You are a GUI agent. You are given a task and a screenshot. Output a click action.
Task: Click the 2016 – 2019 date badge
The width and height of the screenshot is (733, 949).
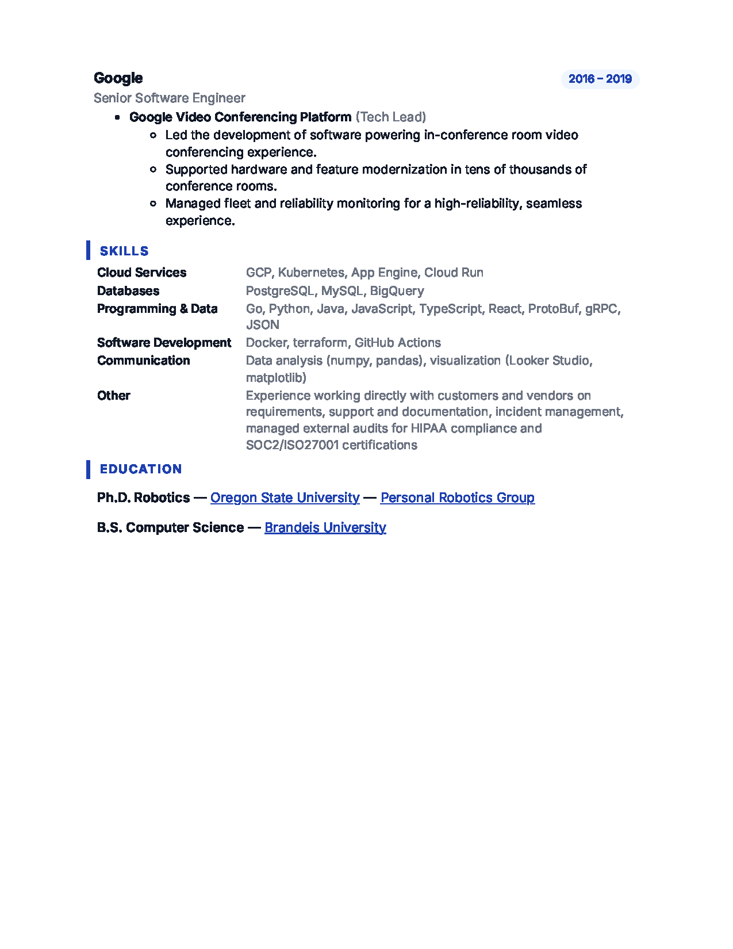click(x=600, y=79)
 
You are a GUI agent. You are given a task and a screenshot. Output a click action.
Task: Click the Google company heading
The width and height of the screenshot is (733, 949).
click(x=118, y=78)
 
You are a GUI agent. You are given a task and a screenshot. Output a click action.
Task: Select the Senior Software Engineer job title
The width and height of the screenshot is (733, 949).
click(x=169, y=98)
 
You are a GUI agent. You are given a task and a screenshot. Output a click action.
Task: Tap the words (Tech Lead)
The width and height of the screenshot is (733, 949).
click(x=390, y=117)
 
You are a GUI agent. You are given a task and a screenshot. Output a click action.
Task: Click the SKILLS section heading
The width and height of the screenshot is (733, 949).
click(x=124, y=251)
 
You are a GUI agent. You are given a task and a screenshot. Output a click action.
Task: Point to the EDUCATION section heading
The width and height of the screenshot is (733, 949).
click(x=141, y=469)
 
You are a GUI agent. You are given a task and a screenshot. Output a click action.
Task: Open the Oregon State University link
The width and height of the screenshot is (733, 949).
click(x=285, y=498)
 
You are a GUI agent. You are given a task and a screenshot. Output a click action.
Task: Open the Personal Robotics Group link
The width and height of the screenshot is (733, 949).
click(x=457, y=498)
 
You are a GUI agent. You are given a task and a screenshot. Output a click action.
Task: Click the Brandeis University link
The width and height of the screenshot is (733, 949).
click(x=325, y=527)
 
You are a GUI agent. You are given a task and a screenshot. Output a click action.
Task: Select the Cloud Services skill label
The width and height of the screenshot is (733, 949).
click(x=141, y=273)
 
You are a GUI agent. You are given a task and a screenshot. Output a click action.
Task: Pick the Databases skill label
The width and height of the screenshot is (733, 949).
click(x=128, y=291)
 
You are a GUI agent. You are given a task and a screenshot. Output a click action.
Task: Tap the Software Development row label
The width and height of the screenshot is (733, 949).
click(x=164, y=343)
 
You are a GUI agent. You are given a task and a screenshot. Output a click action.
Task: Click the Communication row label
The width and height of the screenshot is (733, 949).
click(x=143, y=361)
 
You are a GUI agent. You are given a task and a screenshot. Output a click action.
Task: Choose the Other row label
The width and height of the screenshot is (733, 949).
click(x=113, y=396)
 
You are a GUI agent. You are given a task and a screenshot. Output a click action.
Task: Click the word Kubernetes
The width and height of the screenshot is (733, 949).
click(x=311, y=273)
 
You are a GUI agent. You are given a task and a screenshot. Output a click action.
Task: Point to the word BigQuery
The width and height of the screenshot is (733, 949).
click(x=397, y=291)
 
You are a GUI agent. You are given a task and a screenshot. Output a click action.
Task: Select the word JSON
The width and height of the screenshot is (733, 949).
click(x=262, y=325)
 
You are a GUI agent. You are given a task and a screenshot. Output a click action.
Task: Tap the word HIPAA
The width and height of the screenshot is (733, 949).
click(x=428, y=428)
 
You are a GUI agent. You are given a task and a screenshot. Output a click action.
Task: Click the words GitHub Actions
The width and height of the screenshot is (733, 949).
click(x=397, y=343)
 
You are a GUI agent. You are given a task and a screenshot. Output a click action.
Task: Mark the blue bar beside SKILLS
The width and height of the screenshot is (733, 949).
click(x=88, y=250)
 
